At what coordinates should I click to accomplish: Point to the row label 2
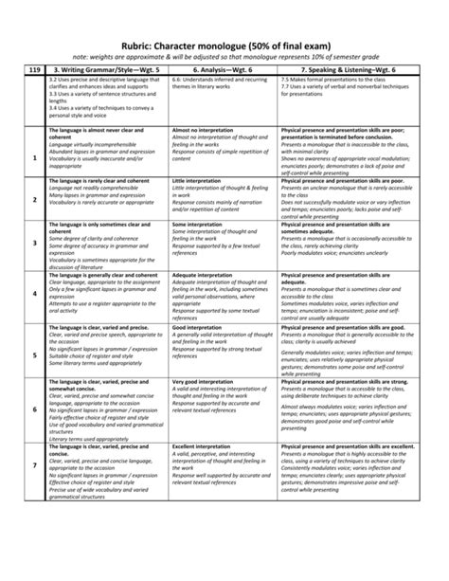35,197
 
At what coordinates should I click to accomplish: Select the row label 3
35,244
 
